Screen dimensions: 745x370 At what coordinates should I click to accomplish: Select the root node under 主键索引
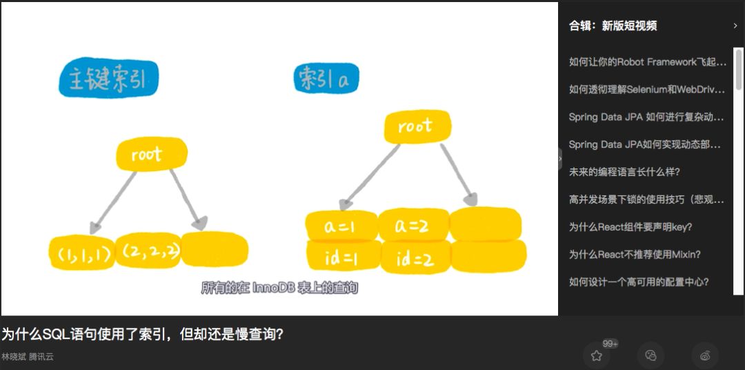point(151,155)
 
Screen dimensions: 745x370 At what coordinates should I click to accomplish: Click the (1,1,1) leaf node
point(82,254)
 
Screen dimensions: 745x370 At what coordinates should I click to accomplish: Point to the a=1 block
point(341,226)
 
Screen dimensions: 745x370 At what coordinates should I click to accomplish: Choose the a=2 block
point(413,225)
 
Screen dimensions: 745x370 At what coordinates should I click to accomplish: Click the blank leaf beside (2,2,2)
point(214,249)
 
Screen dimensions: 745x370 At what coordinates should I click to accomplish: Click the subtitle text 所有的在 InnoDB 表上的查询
point(279,288)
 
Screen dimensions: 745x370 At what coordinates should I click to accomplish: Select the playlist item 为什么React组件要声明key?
point(630,227)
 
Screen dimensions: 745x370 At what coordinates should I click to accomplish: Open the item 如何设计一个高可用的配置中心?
point(639,282)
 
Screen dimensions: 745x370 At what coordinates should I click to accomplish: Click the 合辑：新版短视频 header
point(613,26)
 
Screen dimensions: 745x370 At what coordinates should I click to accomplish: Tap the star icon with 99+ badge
point(597,356)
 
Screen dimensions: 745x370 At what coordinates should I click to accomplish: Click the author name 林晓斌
point(14,357)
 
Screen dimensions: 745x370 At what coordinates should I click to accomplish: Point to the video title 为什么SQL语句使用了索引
point(142,335)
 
